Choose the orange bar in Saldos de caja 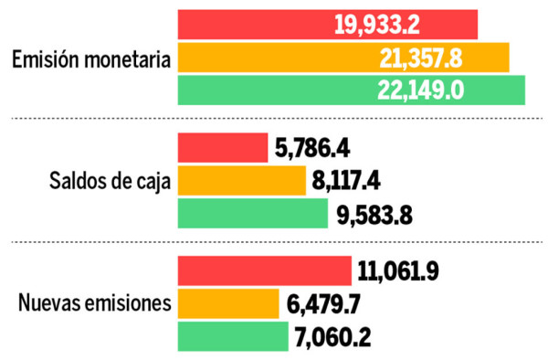pos(241,181)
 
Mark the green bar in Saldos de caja pos(252,214)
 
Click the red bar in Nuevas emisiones pos(264,270)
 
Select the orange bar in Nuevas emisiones pos(227,303)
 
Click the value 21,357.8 pos(420,58)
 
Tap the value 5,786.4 pos(312,148)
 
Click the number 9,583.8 pos(374,215)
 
